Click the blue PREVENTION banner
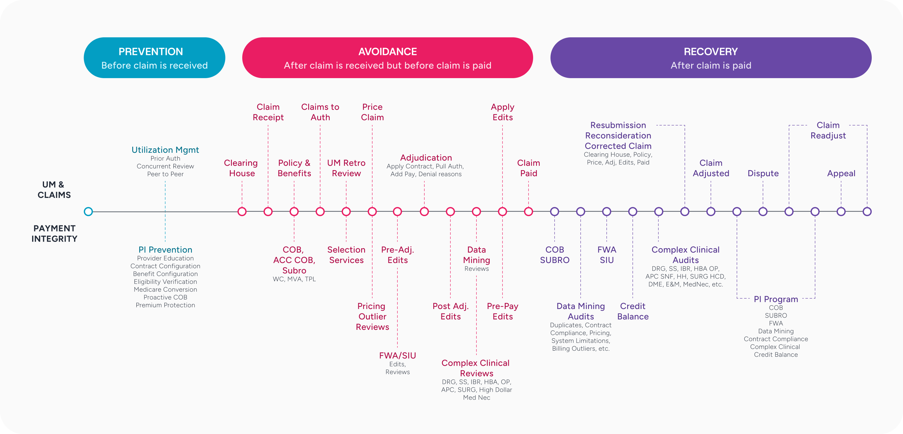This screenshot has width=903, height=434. (x=154, y=58)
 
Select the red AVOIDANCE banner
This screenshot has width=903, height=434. (x=387, y=58)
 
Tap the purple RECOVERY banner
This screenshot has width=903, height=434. (x=711, y=58)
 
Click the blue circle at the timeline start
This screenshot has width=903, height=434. (x=88, y=212)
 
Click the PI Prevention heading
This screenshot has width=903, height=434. (x=165, y=250)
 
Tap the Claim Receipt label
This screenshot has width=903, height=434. (x=268, y=112)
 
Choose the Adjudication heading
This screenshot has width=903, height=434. (x=426, y=158)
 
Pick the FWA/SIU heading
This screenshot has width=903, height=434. (x=397, y=356)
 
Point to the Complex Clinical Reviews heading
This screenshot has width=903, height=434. (x=476, y=368)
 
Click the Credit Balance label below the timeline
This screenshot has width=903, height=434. (x=633, y=311)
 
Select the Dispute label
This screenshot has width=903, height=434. (x=763, y=173)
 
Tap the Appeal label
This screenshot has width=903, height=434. (x=841, y=173)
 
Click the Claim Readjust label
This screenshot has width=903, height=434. (x=828, y=130)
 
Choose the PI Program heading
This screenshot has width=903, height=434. (x=776, y=299)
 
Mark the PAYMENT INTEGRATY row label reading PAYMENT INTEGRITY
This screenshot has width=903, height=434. (x=54, y=233)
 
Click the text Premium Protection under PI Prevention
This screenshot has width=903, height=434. (x=165, y=305)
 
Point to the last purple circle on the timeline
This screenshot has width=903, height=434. (x=867, y=212)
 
